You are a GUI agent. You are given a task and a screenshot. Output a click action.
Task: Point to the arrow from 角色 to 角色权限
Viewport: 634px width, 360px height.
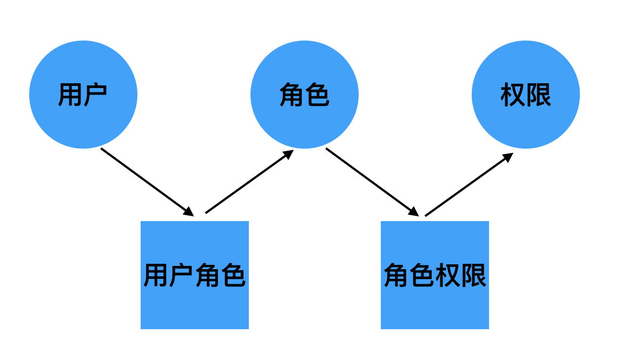coord(371,181)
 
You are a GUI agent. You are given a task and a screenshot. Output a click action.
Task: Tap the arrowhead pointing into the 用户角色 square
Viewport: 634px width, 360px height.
coord(189,212)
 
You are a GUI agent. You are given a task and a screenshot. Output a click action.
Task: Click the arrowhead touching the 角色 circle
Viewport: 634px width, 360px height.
coord(288,154)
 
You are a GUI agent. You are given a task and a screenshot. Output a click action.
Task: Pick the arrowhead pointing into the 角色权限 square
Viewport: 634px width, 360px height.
coord(414,212)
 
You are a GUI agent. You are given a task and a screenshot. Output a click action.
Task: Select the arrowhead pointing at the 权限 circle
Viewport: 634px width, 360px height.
coord(508,157)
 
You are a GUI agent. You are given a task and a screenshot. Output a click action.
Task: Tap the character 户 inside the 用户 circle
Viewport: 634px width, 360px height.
coord(96,95)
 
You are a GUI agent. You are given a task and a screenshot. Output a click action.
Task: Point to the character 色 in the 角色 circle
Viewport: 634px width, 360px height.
coord(318,95)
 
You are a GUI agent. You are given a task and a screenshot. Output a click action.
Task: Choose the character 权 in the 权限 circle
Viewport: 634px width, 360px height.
coord(513,95)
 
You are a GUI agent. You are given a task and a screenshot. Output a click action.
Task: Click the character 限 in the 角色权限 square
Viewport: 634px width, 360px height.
coord(474,276)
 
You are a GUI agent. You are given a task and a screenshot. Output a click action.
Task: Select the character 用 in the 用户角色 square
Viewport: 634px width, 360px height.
coord(156,276)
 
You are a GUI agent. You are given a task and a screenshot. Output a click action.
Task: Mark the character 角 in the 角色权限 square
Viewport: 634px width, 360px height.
coord(396,276)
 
